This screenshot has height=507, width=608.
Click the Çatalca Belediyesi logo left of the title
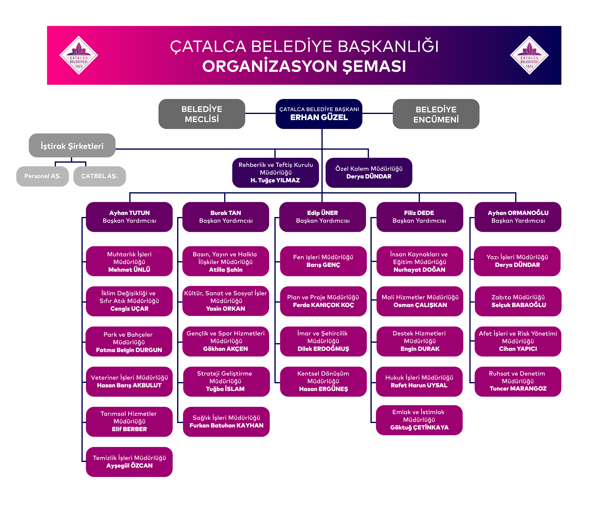point(78,55)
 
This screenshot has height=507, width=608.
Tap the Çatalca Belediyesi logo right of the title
point(529,55)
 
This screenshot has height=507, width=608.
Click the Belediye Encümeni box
point(436,114)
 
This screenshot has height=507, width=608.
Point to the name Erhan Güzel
point(319,117)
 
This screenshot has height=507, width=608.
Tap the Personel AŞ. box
point(43,176)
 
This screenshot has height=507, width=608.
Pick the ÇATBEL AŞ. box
point(99,176)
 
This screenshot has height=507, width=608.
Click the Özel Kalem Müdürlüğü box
point(369,173)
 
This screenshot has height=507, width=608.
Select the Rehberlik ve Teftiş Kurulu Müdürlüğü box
point(275,173)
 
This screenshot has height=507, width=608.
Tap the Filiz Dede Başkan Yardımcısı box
point(419,217)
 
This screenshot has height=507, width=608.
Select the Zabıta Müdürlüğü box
point(518,301)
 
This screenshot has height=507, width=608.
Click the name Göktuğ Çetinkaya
point(419,428)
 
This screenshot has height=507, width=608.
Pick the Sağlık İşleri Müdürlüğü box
point(226,422)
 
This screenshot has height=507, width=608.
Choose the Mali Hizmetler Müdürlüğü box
point(420,301)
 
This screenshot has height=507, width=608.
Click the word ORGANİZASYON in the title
point(270,66)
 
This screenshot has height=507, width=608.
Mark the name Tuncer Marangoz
point(518,389)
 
